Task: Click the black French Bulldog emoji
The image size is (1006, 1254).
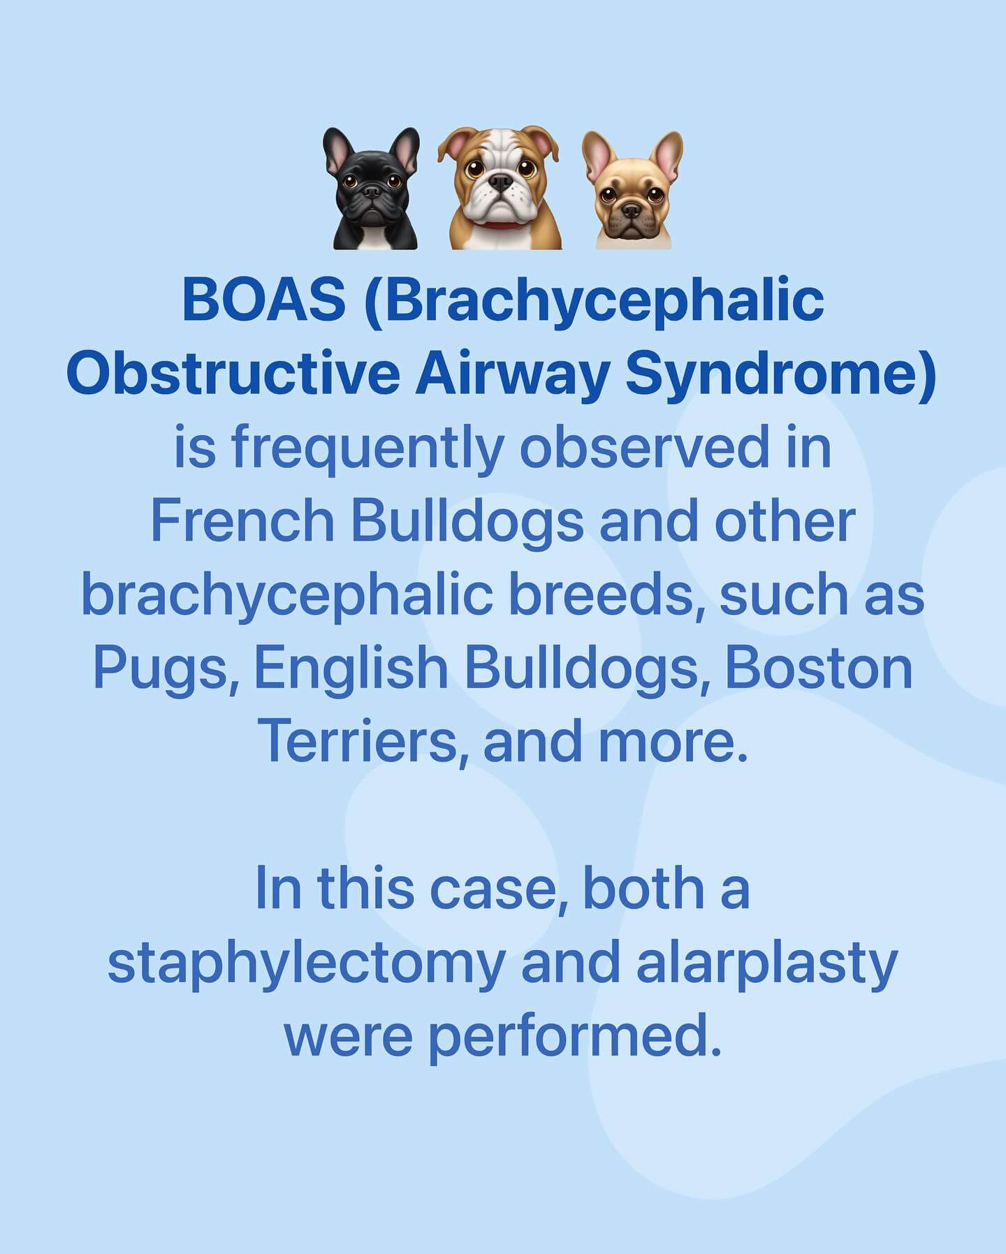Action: [370, 189]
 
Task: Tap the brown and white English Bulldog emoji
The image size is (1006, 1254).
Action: [499, 189]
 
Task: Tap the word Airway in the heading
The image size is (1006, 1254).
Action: [511, 376]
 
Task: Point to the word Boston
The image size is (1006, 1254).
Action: [819, 668]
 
